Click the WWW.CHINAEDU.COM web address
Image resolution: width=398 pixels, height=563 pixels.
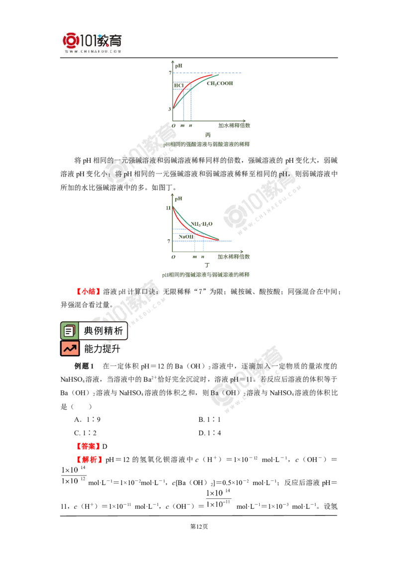pos(93,51)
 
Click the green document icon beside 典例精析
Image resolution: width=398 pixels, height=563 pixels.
pos(69,331)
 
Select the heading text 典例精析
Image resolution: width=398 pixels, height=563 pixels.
pos(103,331)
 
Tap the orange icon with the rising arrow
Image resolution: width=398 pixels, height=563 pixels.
pos(70,349)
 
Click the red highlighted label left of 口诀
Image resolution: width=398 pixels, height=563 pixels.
pos(89,291)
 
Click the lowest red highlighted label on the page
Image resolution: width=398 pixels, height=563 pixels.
pos(90,459)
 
